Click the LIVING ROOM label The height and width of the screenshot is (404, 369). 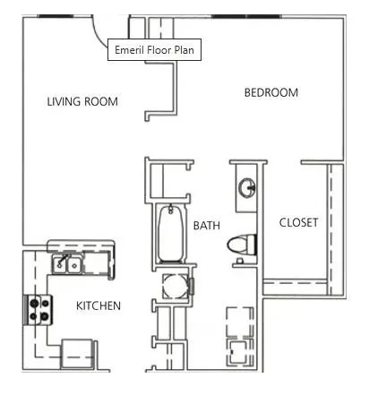(82, 101)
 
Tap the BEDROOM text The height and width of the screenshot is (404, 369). (270, 92)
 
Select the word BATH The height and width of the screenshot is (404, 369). (206, 226)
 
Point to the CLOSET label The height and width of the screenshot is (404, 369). (297, 222)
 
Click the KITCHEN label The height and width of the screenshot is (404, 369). (98, 305)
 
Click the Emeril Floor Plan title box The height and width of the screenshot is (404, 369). (153, 50)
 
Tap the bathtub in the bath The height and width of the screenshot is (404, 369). (167, 234)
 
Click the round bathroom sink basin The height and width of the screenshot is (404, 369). (248, 189)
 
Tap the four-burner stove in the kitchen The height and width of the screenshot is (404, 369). (39, 309)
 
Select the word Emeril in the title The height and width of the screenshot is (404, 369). (129, 50)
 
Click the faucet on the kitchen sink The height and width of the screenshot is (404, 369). (62, 256)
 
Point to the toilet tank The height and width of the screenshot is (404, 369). (253, 244)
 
